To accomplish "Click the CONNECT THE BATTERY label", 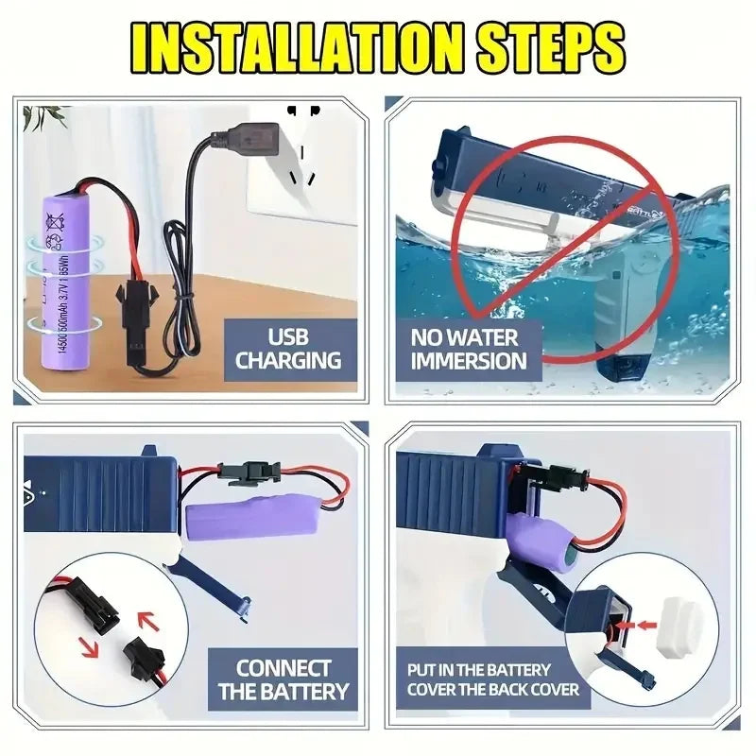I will [x=283, y=679].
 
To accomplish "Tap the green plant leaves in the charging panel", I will [x=43, y=117].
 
